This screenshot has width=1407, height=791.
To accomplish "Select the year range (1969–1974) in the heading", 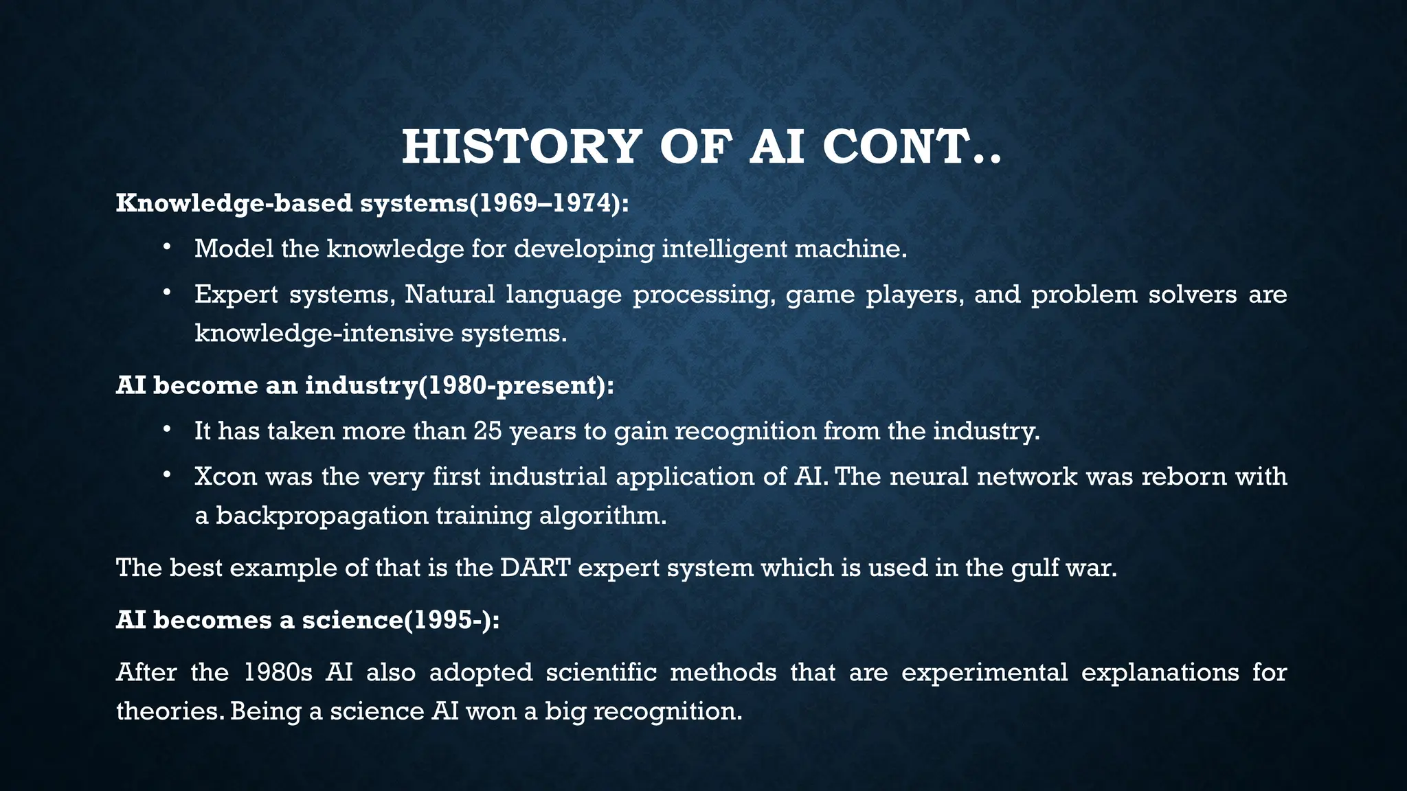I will pyautogui.click(x=548, y=203).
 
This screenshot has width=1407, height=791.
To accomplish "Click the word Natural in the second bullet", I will pyautogui.click(x=449, y=294).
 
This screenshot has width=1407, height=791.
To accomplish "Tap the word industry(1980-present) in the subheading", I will pyautogui.click(x=459, y=385).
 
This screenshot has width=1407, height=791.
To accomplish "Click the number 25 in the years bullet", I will pyautogui.click(x=488, y=431).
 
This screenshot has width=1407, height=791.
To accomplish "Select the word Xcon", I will pyautogui.click(x=225, y=477).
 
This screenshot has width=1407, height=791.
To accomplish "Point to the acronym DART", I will pyautogui.click(x=537, y=568).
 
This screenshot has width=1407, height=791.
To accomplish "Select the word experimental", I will pyautogui.click(x=984, y=672).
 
